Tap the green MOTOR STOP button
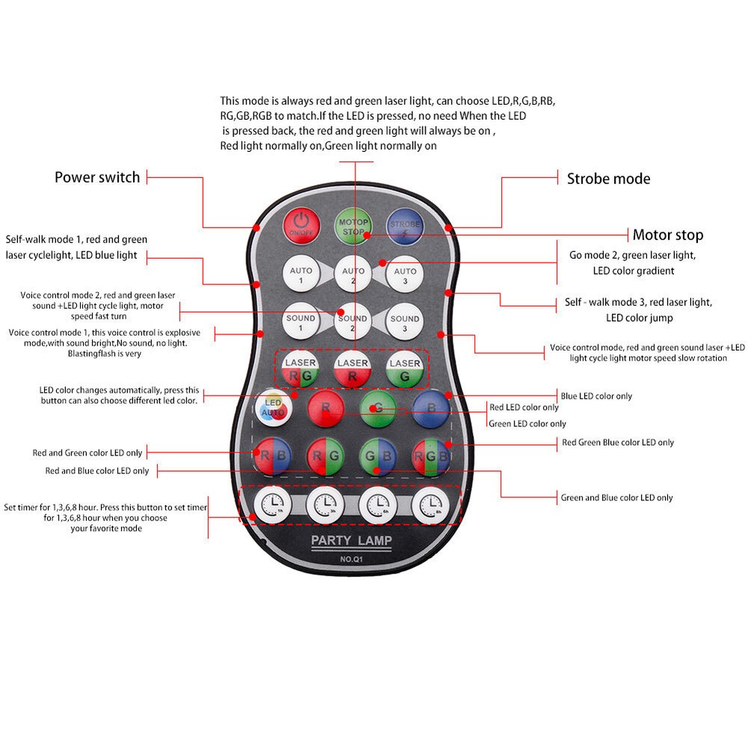coord(353,226)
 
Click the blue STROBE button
coord(405,226)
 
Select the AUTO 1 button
coord(301,274)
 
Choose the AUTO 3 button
coord(405,275)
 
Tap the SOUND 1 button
coord(301,321)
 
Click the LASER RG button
coord(300,369)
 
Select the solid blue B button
coord(432,408)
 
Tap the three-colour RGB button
coord(432,456)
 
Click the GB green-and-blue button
coord(378,456)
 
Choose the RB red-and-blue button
coord(273,456)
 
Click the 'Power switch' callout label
coord(97,177)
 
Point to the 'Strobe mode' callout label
coord(609,179)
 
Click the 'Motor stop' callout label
coord(668,235)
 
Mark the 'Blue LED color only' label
coord(596,396)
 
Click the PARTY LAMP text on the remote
coord(352,540)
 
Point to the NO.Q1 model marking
coord(352,559)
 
